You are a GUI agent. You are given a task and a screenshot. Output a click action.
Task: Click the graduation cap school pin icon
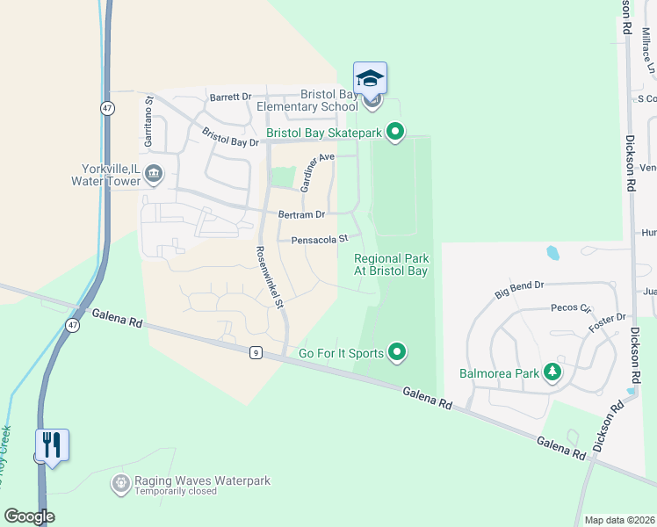[x=370, y=79]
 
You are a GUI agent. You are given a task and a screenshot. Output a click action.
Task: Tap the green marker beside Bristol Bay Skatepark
[x=395, y=133]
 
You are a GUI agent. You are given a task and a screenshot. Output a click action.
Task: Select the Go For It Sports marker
[x=397, y=353]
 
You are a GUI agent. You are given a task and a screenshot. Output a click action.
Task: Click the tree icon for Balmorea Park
[x=552, y=373]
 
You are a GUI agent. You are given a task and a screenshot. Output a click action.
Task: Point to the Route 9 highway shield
[x=255, y=352]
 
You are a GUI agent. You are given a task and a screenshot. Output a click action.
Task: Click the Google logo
[x=29, y=516]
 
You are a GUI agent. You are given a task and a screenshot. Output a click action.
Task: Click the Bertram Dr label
[x=301, y=214]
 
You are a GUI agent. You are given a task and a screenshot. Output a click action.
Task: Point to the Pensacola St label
[x=314, y=238]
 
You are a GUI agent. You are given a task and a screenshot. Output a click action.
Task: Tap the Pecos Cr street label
[x=571, y=308]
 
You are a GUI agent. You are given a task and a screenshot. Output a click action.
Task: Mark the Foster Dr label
[x=608, y=318]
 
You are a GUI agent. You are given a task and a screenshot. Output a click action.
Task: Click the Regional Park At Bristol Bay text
[x=391, y=264]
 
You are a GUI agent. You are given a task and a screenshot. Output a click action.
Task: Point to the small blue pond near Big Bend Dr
[x=552, y=253]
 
